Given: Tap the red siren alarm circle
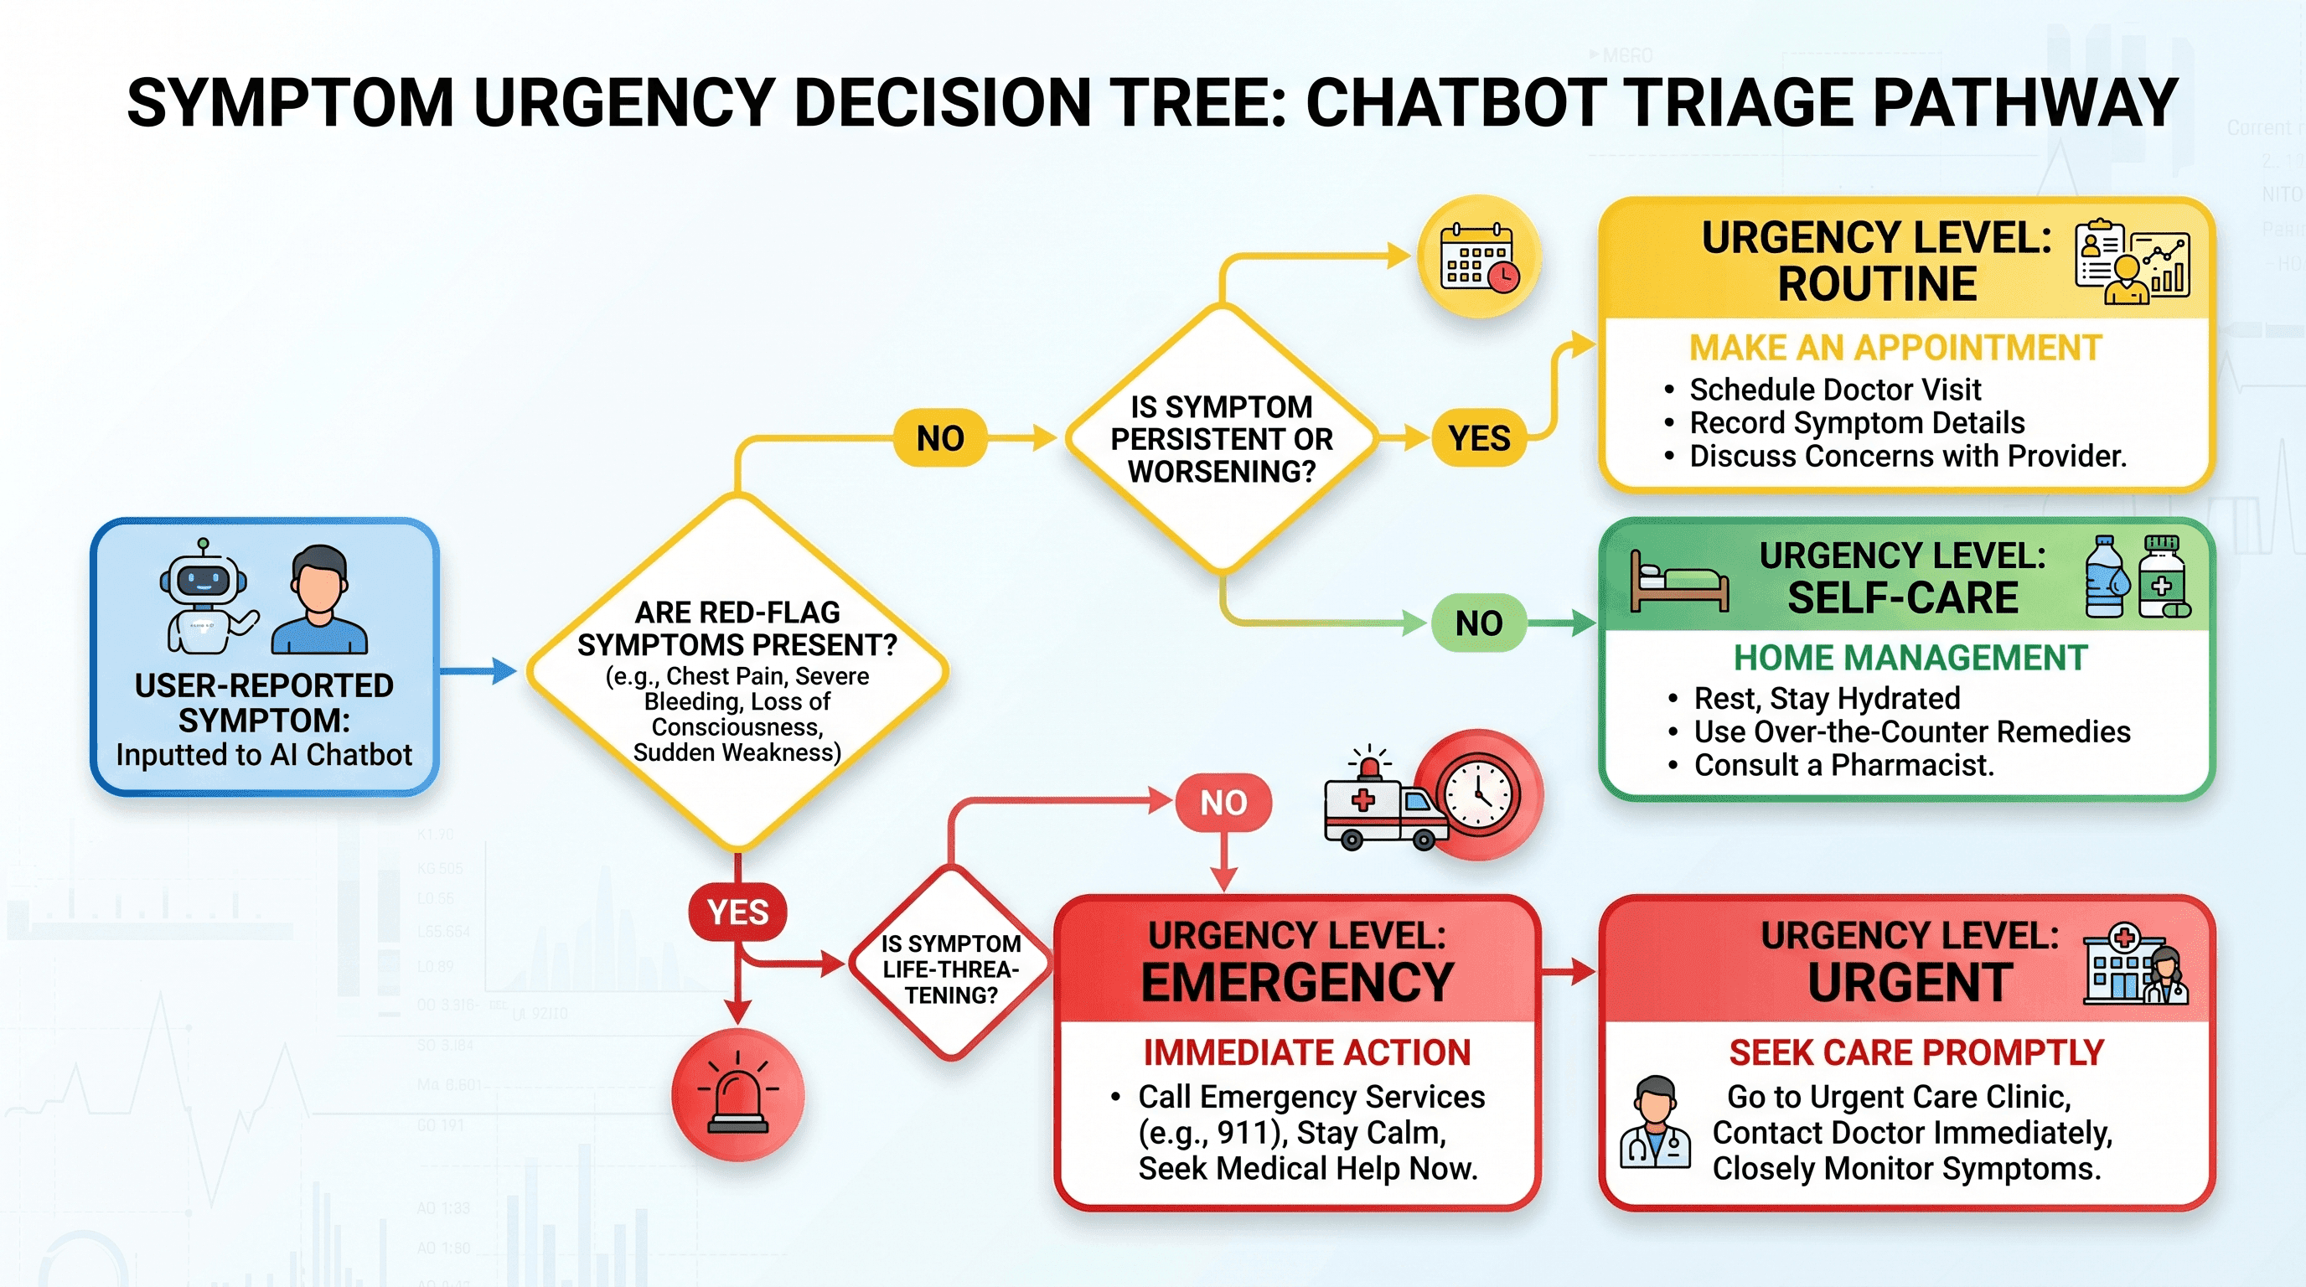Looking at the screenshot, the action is tap(738, 1094).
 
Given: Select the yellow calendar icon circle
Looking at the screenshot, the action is tap(1479, 257).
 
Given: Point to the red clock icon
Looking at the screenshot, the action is tap(1479, 795).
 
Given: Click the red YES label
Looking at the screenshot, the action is tap(737, 912).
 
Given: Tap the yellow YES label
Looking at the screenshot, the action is tap(1479, 438).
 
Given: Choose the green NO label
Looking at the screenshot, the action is tap(1479, 623).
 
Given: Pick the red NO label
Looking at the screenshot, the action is tap(1223, 802).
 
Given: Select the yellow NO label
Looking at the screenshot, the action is tap(940, 438).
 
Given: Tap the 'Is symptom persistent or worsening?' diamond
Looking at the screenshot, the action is tap(1222, 438).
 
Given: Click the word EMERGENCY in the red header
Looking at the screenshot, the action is tap(1297, 983).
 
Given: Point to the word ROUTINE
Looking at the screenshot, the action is tap(1877, 285).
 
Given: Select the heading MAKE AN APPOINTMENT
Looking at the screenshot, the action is tap(1895, 347).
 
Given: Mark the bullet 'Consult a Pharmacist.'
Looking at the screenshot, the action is tap(1844, 765).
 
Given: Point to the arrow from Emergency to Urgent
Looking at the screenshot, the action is tap(1568, 970).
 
